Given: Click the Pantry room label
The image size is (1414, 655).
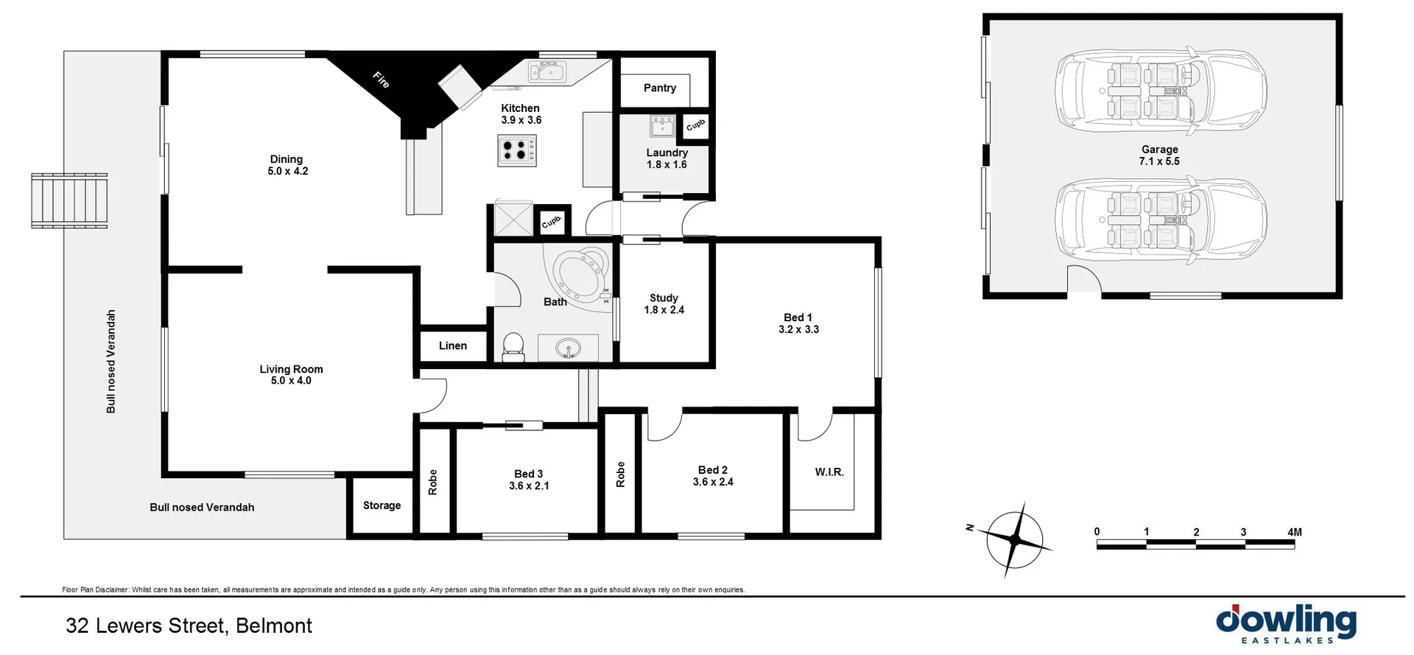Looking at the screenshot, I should pos(659,88).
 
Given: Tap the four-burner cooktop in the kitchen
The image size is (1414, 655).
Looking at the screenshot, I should pos(516,151).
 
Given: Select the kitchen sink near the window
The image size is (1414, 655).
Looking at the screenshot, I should pos(547,72).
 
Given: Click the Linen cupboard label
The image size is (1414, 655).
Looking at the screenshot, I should pos(452,346).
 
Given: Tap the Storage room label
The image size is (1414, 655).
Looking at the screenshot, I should pos(381,505).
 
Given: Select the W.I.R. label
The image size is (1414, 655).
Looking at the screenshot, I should pos(829,472).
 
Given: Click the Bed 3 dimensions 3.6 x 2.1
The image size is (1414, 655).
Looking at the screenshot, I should pos(529,486).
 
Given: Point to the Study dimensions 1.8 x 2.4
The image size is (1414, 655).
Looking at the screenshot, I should pos(664,310).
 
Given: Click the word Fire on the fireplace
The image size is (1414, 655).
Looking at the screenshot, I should pos(381,80).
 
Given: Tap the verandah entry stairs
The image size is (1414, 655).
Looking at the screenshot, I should pos(70,200).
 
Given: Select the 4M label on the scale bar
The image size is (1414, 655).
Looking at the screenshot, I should pos(1294,532).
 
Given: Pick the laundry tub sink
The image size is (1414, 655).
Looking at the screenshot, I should pos(662,126).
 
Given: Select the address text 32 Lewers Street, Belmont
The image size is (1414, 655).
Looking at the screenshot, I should pos(189,626).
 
